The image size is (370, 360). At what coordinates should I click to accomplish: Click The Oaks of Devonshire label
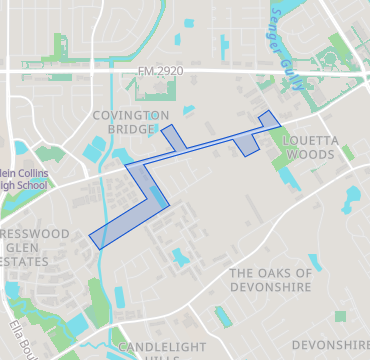tap(271, 280)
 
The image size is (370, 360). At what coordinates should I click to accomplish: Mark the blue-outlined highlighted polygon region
tap(140, 200)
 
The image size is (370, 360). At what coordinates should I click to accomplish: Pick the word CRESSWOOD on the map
tap(34, 233)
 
